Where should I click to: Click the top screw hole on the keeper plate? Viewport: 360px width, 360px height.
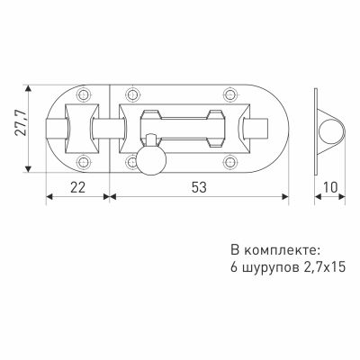84,94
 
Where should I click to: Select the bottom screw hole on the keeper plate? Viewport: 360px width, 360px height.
84,162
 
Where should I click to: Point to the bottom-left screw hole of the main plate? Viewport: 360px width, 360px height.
132,163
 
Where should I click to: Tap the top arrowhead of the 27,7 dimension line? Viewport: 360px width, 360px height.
31,88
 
